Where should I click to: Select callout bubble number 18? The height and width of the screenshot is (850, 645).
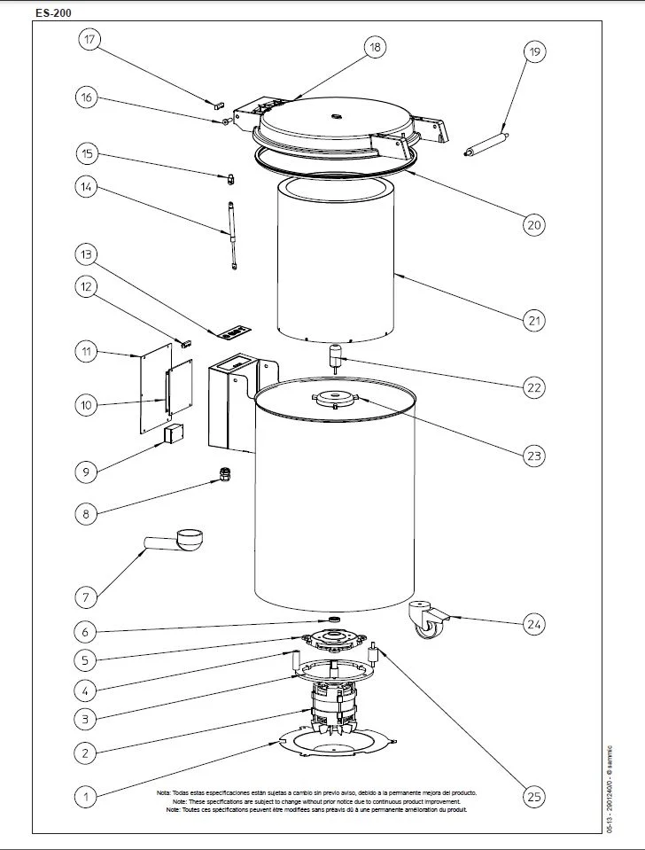tap(376, 48)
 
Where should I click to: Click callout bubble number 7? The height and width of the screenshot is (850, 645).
tap(86, 597)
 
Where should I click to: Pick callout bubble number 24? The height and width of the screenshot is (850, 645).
tap(532, 625)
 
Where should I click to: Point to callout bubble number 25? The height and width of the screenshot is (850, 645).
tap(532, 797)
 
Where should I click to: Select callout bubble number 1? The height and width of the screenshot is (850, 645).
tap(86, 797)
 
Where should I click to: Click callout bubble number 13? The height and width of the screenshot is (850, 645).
tap(86, 254)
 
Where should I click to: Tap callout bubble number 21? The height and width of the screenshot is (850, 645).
tap(532, 319)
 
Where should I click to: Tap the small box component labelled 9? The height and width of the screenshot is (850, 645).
tap(173, 433)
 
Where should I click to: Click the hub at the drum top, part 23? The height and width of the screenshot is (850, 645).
tap(335, 399)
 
